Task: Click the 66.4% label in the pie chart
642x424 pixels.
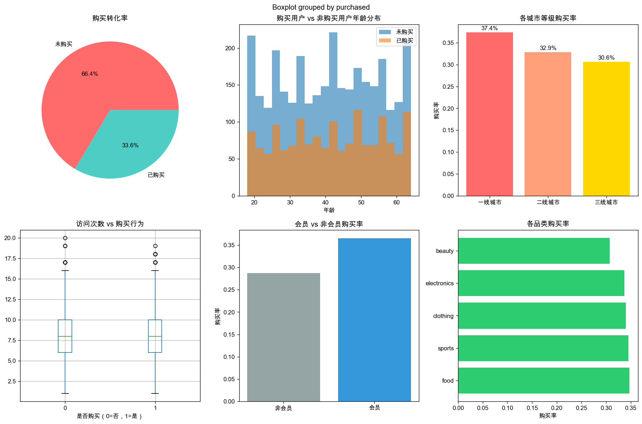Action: coord(89,74)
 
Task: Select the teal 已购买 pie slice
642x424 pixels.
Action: coord(137,144)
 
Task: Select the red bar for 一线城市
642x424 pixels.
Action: coord(489,114)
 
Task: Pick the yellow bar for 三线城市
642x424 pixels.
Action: coord(606,129)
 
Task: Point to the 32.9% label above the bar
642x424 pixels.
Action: coord(548,48)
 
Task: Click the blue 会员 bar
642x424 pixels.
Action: coord(374,320)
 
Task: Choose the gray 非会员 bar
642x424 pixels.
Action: coord(283,337)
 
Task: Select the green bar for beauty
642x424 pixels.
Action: coord(534,251)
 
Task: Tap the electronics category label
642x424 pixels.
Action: coord(440,283)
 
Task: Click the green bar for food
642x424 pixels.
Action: coord(544,381)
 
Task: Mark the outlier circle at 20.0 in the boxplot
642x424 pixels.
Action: coord(65,238)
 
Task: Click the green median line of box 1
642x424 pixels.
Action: coord(155,336)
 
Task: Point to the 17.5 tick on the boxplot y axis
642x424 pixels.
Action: coord(10,258)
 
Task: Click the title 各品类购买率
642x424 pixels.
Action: coord(548,223)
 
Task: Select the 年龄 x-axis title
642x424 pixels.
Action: coord(329,210)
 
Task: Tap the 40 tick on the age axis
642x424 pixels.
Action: coord(325,202)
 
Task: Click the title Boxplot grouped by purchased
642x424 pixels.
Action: coord(321,7)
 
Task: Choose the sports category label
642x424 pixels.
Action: coord(446,348)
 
